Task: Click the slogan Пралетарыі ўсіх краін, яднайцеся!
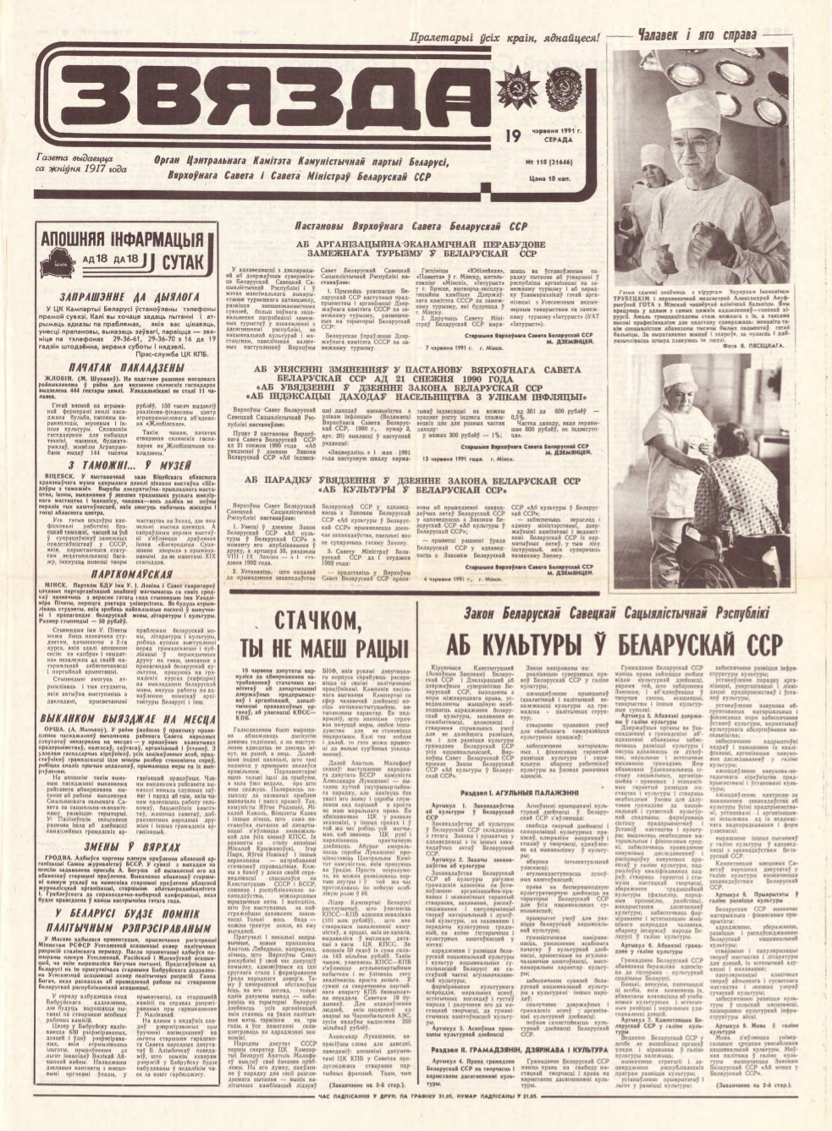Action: click(x=504, y=37)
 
